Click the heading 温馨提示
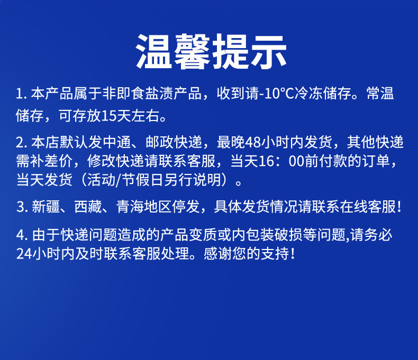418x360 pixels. pyautogui.click(x=212, y=52)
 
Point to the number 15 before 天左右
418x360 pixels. pyautogui.click(x=108, y=116)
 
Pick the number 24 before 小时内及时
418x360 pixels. pyautogui.click(x=24, y=254)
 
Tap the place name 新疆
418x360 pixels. pyautogui.click(x=46, y=207)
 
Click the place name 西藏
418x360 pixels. pyautogui.click(x=88, y=207)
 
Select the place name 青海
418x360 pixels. pyautogui.click(x=130, y=207)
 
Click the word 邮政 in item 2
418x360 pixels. pyautogui.click(x=160, y=142)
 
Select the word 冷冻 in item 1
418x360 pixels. pyautogui.click(x=308, y=94)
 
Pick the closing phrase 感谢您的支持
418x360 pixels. pyautogui.click(x=247, y=253)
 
